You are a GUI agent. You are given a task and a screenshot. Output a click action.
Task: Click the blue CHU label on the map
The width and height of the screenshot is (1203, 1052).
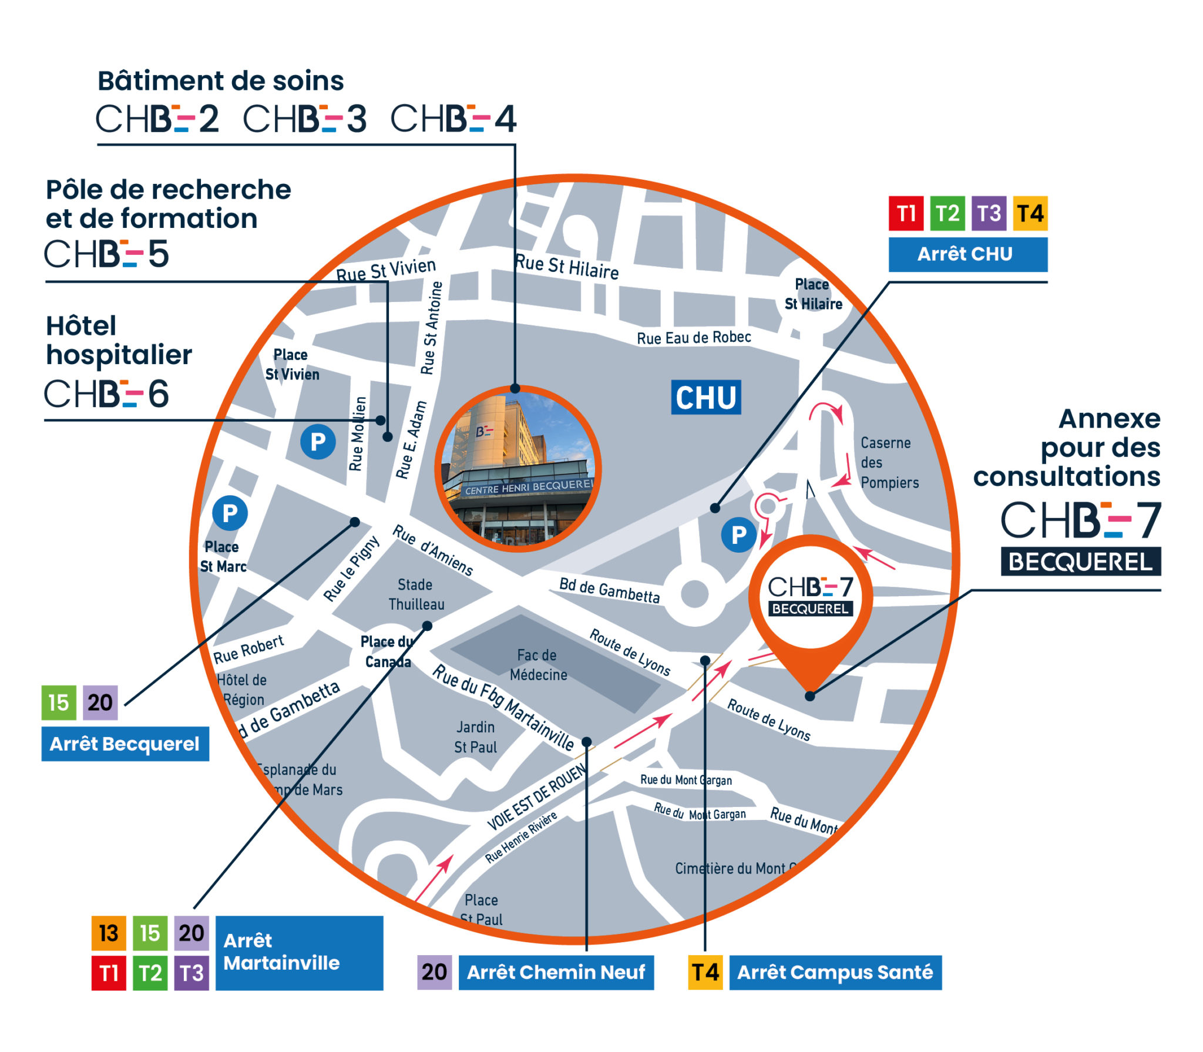[x=705, y=398]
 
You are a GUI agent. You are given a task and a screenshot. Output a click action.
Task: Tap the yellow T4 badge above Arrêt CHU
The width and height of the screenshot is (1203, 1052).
[x=1030, y=214]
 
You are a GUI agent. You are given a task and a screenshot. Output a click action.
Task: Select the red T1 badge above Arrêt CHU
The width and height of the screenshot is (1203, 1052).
[x=906, y=214]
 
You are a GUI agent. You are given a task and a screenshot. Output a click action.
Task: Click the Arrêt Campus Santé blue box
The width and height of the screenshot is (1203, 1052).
[x=835, y=973]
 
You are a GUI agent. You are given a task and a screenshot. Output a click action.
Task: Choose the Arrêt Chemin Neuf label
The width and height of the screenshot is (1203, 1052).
[x=556, y=973]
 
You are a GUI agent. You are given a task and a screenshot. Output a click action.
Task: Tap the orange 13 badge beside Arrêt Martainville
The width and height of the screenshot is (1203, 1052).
[x=109, y=933]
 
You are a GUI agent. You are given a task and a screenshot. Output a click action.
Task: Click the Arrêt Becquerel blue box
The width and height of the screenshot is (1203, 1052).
[x=125, y=744]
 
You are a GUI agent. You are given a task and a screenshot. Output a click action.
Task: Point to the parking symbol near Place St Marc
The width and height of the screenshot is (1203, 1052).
[x=230, y=513]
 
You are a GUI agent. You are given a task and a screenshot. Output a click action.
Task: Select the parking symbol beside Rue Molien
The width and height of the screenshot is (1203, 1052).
[x=318, y=442]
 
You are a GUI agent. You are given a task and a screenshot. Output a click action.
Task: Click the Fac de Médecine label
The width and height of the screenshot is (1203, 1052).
[x=538, y=665]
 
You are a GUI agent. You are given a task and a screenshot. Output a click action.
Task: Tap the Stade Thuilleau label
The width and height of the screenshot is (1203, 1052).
[x=416, y=594]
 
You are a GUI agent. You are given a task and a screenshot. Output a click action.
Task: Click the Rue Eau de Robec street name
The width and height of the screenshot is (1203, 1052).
[x=694, y=338]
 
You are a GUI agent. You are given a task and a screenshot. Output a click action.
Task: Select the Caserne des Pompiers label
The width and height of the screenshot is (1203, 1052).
[x=889, y=463]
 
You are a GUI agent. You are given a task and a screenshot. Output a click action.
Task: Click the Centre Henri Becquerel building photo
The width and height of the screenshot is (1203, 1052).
[x=518, y=469]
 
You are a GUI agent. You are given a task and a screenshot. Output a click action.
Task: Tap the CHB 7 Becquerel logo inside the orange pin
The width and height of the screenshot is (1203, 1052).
[x=810, y=596]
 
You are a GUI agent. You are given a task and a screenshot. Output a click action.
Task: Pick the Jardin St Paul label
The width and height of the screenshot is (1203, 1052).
[x=475, y=737]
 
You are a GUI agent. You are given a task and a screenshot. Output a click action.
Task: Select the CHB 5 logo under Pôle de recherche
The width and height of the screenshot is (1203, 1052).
[x=107, y=254]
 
